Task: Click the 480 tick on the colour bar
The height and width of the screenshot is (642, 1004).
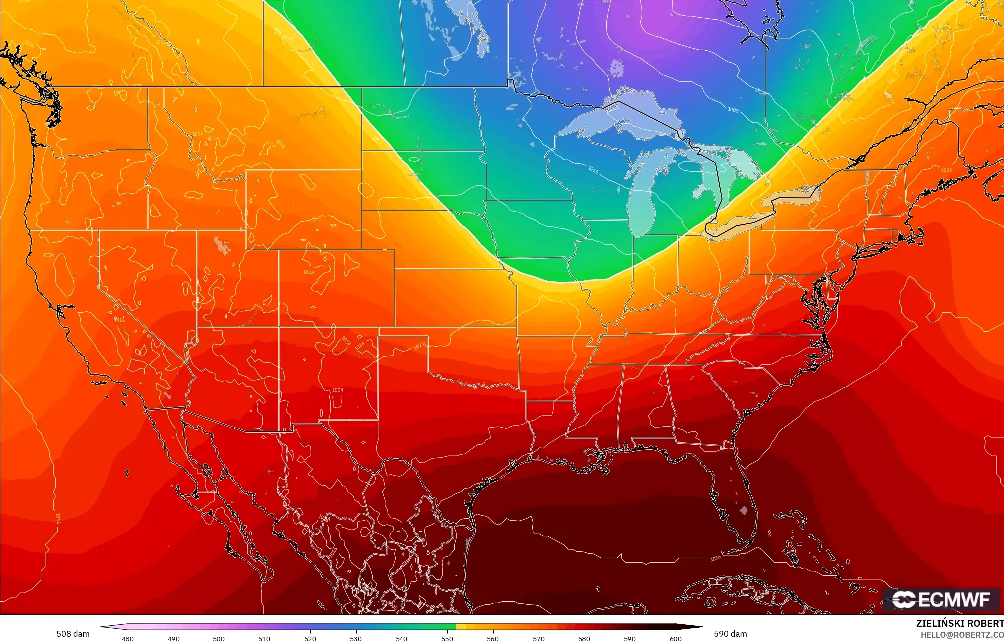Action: pos(128,638)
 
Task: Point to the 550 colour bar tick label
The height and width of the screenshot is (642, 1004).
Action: pos(447,638)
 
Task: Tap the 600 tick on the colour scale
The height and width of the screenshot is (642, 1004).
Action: pos(675,638)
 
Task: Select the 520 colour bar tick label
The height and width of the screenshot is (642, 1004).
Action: pos(310,638)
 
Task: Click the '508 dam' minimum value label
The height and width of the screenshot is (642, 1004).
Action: pos(73,634)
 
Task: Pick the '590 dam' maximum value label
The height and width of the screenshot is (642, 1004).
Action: pos(730,634)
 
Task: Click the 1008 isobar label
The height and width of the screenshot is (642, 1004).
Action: pos(733,110)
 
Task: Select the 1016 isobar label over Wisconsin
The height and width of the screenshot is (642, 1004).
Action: pos(593,170)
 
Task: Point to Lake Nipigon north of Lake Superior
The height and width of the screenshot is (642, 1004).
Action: pos(617,68)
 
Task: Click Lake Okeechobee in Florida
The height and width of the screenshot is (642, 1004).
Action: pos(744,510)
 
